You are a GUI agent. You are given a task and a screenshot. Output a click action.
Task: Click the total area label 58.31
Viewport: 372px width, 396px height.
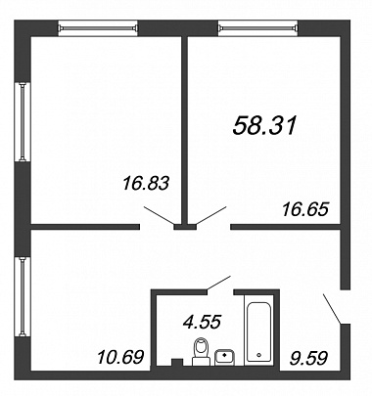(264, 125)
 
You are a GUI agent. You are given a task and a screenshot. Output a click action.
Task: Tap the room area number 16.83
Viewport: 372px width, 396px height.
(146, 183)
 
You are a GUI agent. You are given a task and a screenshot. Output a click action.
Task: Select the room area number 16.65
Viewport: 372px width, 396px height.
(304, 209)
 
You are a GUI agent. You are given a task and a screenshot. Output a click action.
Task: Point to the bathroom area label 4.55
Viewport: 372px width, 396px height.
(203, 322)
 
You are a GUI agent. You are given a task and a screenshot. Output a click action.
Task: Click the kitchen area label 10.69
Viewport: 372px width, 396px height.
(120, 357)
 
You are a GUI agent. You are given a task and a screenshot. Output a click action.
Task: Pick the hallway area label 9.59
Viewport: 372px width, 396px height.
(308, 358)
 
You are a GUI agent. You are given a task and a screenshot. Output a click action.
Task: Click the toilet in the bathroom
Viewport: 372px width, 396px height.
(201, 351)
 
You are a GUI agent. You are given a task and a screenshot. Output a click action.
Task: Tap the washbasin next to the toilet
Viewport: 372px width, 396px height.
(224, 357)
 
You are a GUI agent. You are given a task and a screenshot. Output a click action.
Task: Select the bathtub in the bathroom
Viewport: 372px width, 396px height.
(258, 331)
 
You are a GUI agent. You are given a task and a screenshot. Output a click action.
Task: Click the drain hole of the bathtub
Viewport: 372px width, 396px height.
(259, 355)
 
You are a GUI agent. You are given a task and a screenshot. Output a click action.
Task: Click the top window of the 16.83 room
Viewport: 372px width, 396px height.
(98, 27)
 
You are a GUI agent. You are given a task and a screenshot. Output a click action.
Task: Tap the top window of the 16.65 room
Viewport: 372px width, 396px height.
(257, 27)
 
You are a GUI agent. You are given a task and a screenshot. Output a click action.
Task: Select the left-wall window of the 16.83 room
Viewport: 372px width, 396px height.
(23, 122)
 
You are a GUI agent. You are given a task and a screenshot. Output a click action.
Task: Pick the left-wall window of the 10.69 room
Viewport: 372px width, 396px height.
(23, 296)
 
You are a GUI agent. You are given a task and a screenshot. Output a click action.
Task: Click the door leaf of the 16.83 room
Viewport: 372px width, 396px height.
(160, 215)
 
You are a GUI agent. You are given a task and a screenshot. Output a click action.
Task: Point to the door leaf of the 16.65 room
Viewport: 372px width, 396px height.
(210, 215)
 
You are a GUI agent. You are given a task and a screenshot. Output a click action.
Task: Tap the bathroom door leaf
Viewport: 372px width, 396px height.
(219, 283)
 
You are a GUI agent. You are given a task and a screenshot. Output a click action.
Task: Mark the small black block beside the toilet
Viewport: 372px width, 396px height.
(177, 362)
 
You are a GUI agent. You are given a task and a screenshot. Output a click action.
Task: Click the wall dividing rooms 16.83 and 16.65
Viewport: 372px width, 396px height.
(185, 132)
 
